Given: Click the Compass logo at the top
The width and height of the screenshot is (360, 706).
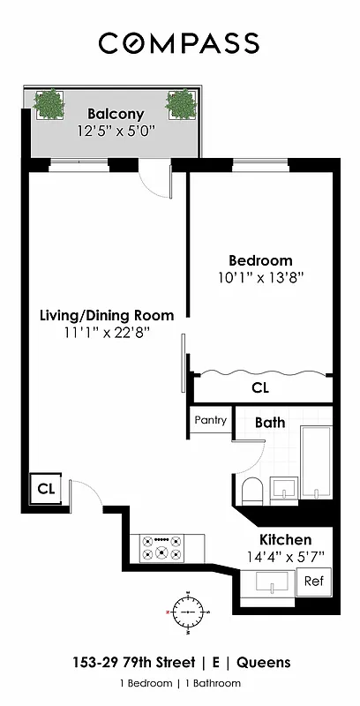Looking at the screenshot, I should (x=179, y=42).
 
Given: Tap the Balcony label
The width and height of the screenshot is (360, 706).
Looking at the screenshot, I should (x=115, y=115).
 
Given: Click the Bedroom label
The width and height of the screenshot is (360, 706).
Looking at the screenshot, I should (x=260, y=260).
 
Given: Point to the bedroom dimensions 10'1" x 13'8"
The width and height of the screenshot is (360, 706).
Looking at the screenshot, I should (x=260, y=277).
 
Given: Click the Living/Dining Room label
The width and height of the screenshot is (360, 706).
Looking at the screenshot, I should (x=107, y=315).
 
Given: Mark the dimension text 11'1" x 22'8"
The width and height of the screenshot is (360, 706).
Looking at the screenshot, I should (x=107, y=332).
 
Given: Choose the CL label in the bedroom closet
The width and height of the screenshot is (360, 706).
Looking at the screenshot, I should (x=260, y=387).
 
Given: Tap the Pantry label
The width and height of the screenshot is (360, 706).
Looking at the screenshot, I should (x=210, y=420).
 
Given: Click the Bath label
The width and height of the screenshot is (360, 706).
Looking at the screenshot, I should (x=270, y=422).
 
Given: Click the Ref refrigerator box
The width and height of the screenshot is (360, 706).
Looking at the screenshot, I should (x=312, y=582).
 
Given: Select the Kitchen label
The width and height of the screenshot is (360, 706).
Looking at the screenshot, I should (x=284, y=539).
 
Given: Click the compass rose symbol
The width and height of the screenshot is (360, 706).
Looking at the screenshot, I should (x=187, y=611).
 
